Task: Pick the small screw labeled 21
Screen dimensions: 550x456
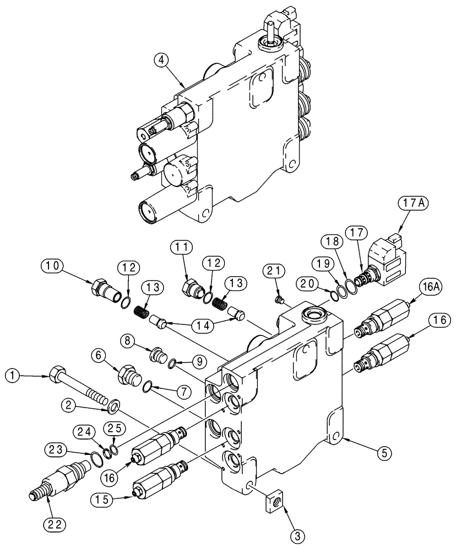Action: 279,300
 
